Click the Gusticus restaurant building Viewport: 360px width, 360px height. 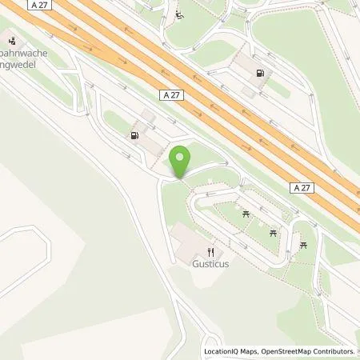(x=186, y=237)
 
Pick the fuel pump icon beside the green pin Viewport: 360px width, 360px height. (x=134, y=136)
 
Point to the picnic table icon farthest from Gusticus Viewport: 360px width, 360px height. (x=303, y=245)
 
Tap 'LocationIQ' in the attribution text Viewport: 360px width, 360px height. (x=221, y=351)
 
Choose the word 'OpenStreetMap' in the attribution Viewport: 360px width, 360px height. (x=281, y=351)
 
